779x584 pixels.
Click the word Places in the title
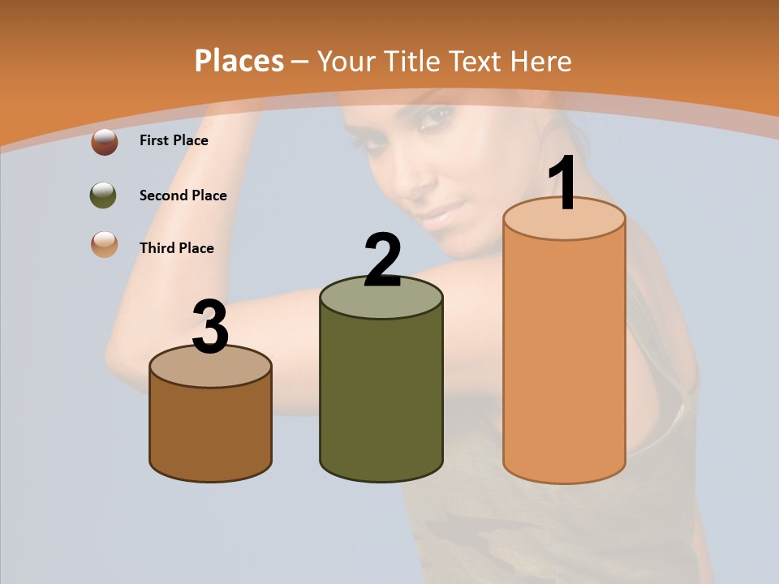point(239,61)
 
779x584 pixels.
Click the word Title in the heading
point(412,61)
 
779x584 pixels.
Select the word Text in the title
point(479,61)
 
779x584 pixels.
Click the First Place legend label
point(174,140)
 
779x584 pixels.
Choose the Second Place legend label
point(183,195)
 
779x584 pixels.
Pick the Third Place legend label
point(177,248)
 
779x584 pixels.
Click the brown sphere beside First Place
point(105,142)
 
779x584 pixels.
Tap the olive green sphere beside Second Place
point(103,195)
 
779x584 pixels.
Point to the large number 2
point(382,260)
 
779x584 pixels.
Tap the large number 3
point(210,327)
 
